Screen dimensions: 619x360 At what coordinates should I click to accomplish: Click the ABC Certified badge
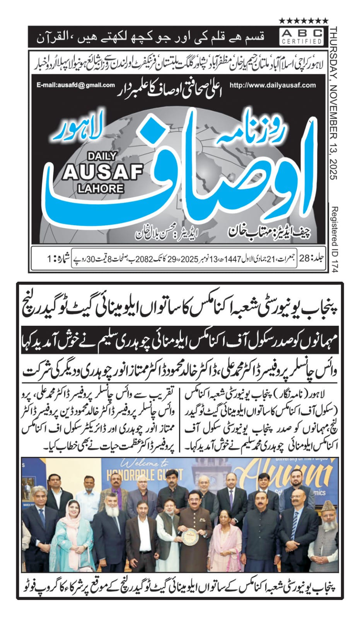(x=302, y=36)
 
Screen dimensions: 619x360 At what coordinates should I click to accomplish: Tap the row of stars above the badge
(x=304, y=21)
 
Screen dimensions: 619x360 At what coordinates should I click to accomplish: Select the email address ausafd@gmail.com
(x=76, y=85)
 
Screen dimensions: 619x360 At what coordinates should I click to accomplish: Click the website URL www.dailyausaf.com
(x=273, y=85)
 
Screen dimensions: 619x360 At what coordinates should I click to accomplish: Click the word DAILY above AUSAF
(x=102, y=156)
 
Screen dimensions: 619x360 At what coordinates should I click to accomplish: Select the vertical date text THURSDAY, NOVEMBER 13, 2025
(x=333, y=103)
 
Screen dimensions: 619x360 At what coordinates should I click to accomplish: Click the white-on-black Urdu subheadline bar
(x=180, y=340)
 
